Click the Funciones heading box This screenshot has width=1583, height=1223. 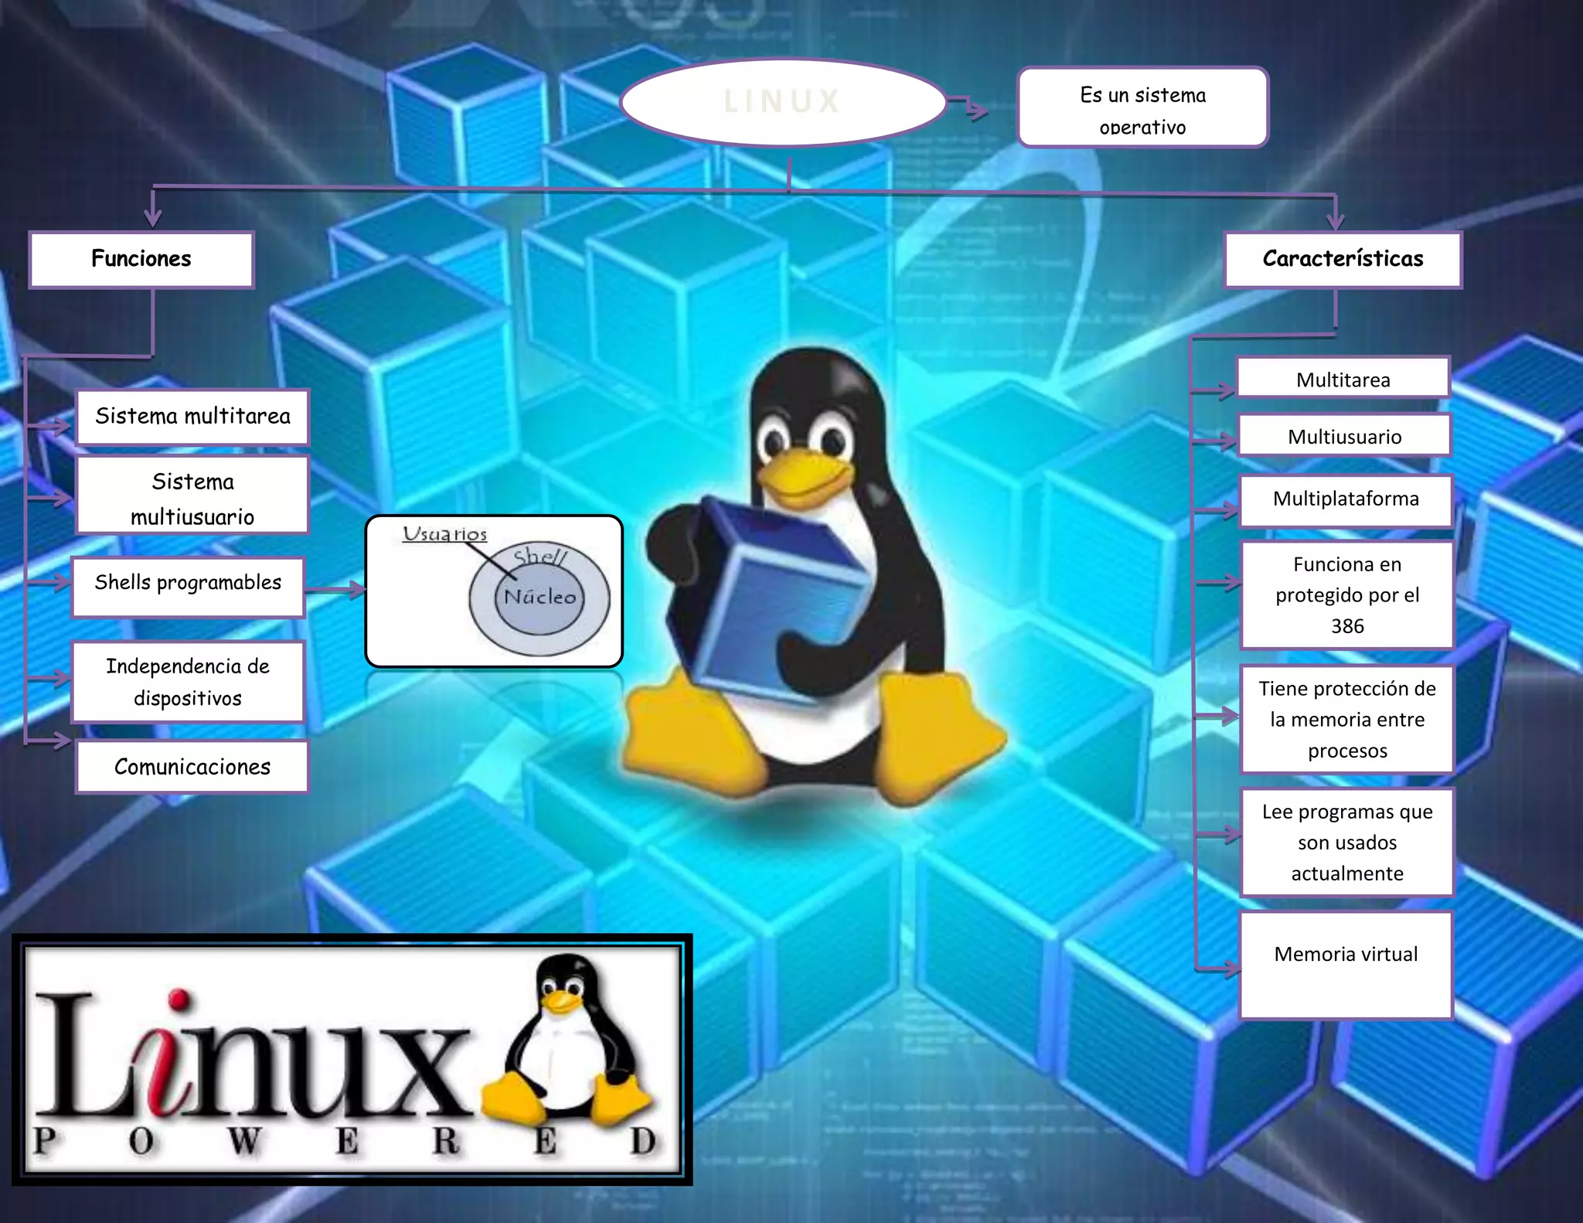tap(141, 259)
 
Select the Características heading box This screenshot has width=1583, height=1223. tap(1343, 259)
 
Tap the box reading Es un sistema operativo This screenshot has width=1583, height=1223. tap(1142, 107)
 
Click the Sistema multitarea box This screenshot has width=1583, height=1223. tap(192, 417)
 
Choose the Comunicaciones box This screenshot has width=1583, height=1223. tap(192, 767)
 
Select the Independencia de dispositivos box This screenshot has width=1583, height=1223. tap(188, 682)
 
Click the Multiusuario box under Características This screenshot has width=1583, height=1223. tap(1344, 437)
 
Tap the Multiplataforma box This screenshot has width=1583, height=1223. tap(1346, 499)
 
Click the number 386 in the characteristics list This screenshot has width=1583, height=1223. tap(1346, 626)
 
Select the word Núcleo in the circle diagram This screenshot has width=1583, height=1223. tap(540, 597)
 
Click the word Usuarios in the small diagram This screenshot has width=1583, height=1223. tap(444, 533)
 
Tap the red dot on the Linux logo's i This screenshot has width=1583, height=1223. tap(179, 998)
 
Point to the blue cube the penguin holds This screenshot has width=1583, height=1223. tap(781, 595)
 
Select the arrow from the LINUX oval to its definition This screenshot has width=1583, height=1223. tap(968, 107)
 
